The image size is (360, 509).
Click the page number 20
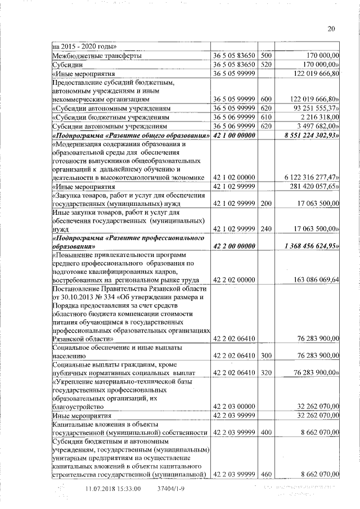pos(331,30)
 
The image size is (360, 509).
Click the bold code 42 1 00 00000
pos(235,136)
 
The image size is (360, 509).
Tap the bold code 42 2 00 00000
pos(235,246)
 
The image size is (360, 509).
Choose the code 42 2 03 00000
pos(235,406)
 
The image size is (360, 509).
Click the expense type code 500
pos(266,56)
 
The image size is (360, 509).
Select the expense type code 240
pos(266,229)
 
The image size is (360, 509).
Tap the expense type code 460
pos(266,475)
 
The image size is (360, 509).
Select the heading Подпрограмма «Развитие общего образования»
pos(130,136)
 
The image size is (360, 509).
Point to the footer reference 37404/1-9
pos(172,489)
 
